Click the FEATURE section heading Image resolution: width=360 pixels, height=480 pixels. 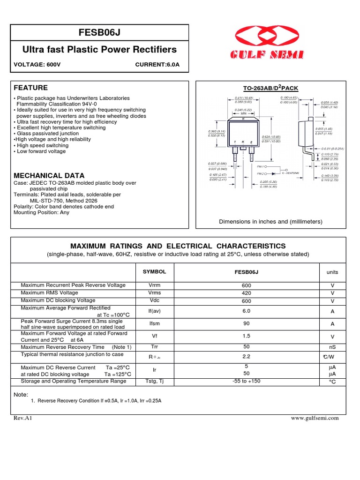(30, 88)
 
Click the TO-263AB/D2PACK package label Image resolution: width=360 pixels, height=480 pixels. (270, 88)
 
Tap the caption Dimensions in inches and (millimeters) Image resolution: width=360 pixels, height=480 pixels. (270, 222)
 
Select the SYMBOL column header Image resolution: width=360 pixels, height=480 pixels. (154, 271)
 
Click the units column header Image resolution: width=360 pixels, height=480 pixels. (332, 272)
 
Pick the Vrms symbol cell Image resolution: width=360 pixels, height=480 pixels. (154, 293)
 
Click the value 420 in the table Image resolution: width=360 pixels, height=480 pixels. (246, 293)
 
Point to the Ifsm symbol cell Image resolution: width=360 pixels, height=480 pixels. (154, 324)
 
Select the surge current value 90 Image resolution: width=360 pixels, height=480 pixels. (246, 323)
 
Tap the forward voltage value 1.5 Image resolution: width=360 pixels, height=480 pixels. (246, 336)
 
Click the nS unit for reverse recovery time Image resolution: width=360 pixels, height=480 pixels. (332, 347)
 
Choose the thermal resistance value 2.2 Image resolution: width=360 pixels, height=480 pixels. (246, 357)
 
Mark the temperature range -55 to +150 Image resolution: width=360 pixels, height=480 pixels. (246, 381)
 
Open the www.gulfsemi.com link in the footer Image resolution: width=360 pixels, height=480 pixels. (315, 418)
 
